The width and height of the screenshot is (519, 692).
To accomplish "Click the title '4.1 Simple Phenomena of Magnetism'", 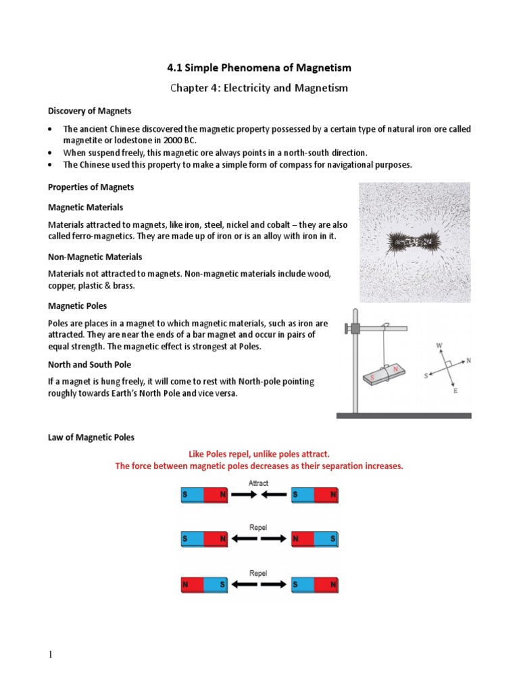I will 259,68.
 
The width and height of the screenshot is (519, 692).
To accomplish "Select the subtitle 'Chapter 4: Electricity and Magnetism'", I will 259,88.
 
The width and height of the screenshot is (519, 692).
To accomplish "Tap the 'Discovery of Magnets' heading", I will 89,111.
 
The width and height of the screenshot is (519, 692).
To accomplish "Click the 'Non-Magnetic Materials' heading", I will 95,257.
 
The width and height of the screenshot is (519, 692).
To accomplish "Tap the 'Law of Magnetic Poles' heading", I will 91,437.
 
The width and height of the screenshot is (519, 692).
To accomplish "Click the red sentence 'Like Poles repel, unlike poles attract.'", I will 259,455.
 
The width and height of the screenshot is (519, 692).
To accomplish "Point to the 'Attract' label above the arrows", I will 258,483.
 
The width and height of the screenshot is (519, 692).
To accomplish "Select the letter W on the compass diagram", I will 439,346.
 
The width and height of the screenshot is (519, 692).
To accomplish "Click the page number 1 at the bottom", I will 49,655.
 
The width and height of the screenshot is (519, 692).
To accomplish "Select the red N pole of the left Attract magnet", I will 216,495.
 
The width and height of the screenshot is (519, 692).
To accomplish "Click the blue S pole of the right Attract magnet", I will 303,495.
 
